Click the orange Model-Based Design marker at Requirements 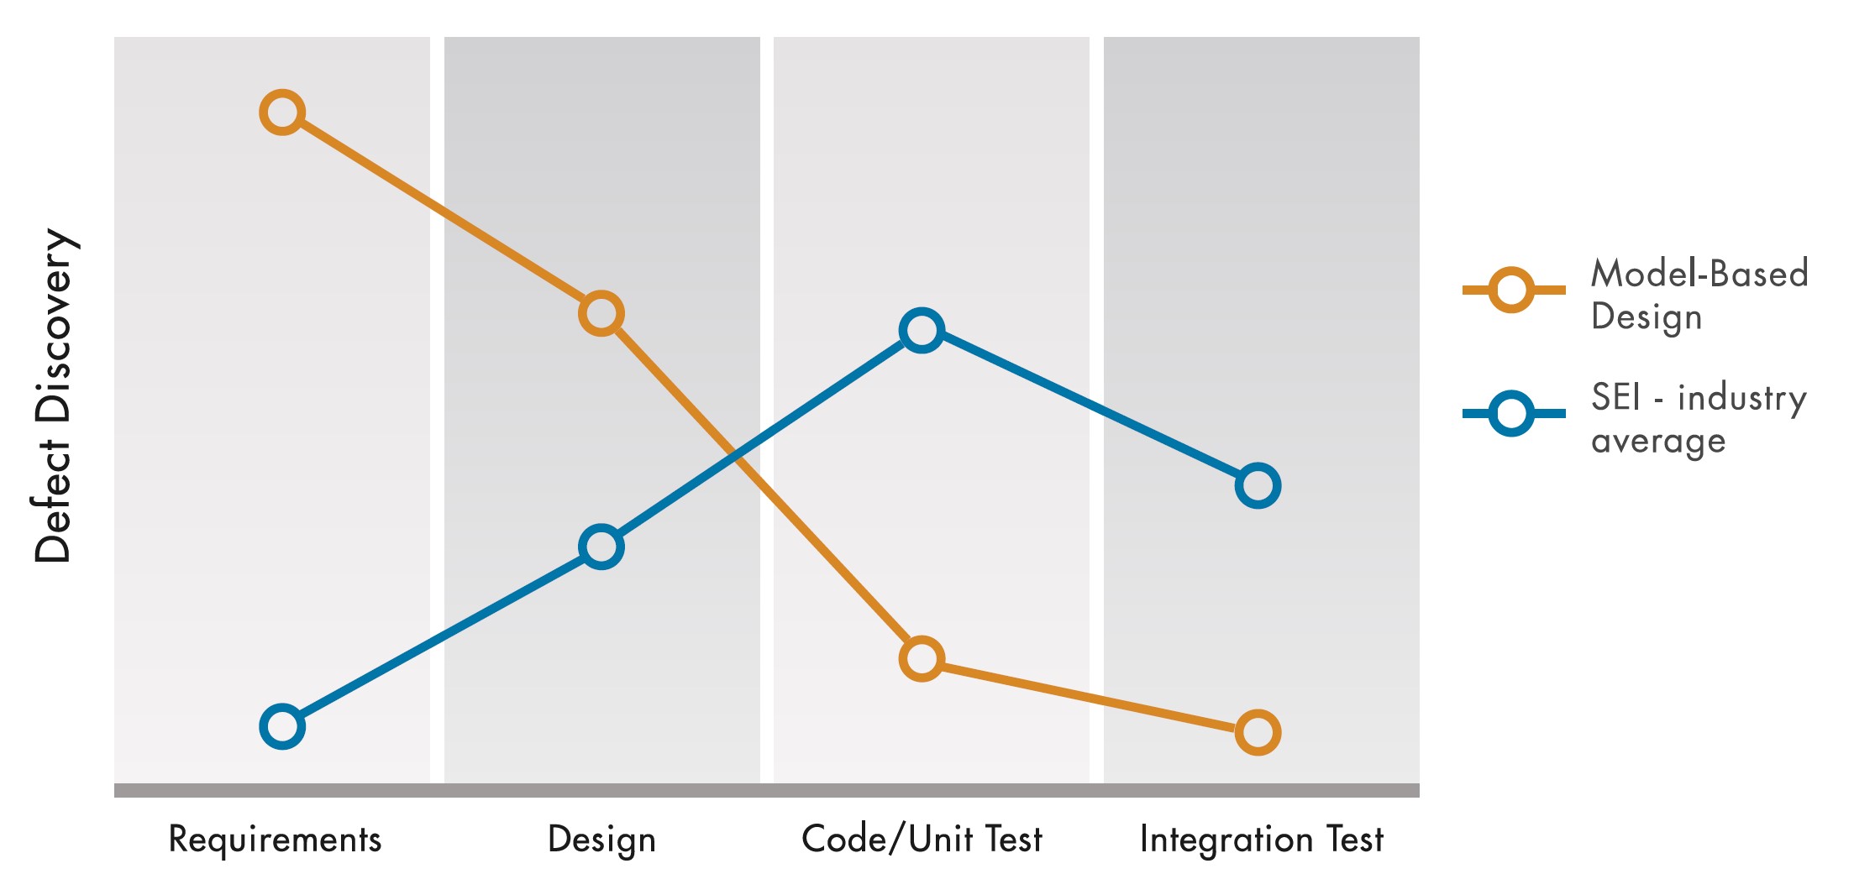[x=282, y=112]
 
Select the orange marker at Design [x=601, y=314]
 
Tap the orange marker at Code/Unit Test [x=922, y=658]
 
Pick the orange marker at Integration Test [x=1258, y=732]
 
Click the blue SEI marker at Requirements [x=282, y=726]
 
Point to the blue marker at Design [x=601, y=547]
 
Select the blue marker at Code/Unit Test [x=922, y=330]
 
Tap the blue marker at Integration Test [x=1258, y=485]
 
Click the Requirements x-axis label [x=275, y=840]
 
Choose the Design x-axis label [x=601, y=840]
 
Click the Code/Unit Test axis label [x=922, y=840]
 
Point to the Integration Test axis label [x=1261, y=840]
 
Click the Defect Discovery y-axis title [x=54, y=395]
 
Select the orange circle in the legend [x=1510, y=290]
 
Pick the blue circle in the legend [x=1510, y=413]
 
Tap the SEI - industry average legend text [x=1699, y=418]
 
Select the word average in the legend [x=1658, y=442]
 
